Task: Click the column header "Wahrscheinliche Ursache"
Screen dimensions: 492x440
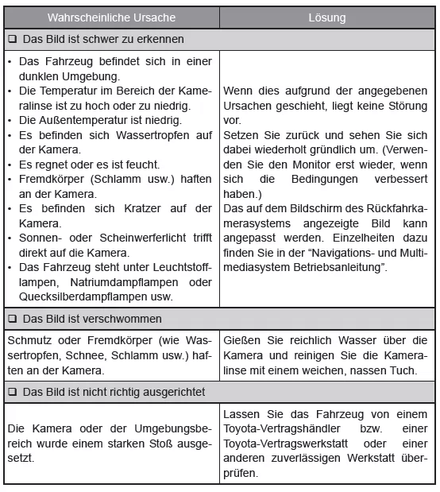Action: click(110, 17)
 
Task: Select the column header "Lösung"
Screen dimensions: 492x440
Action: click(327, 17)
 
